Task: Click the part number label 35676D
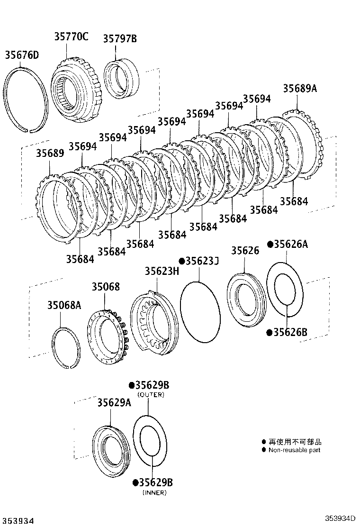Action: click(x=22, y=55)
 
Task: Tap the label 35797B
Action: click(x=120, y=39)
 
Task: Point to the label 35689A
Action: click(x=300, y=89)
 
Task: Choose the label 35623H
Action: click(x=162, y=271)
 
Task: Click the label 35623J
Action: click(x=201, y=261)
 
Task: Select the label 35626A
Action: click(x=290, y=244)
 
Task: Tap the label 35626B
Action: click(x=290, y=332)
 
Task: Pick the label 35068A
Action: click(x=64, y=305)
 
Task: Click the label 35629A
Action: click(x=114, y=402)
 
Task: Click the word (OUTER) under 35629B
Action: click(x=151, y=395)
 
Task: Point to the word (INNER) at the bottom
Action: click(x=154, y=493)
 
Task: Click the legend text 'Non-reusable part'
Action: click(x=294, y=450)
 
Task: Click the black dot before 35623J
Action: click(x=181, y=261)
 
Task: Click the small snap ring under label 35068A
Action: click(x=66, y=347)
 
